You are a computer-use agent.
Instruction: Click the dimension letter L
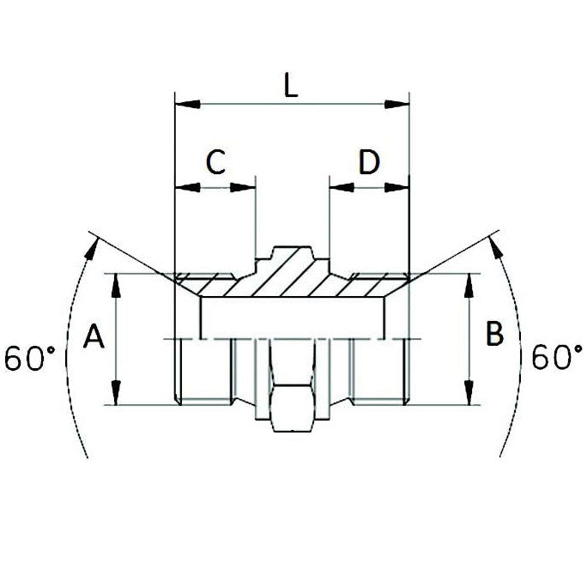point(291,86)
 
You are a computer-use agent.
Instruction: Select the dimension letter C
point(215,162)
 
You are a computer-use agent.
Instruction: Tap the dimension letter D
point(368,162)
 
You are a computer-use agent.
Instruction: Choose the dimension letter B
point(494,334)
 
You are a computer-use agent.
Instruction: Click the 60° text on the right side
point(555,356)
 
